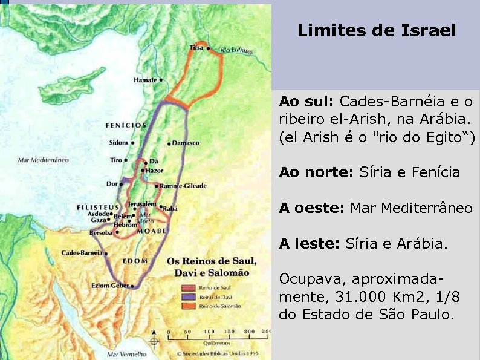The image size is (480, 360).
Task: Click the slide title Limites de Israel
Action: click(x=376, y=31)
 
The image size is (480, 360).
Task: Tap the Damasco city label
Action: click(x=186, y=143)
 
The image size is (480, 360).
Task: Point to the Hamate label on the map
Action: click(x=145, y=80)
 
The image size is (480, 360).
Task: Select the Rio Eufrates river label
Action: click(x=237, y=50)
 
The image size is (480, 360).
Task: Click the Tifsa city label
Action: click(x=196, y=47)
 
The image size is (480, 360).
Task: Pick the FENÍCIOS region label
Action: click(x=126, y=126)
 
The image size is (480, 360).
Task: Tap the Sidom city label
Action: click(x=119, y=143)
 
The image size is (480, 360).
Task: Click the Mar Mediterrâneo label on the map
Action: click(x=43, y=160)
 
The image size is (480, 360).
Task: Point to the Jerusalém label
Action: click(x=143, y=205)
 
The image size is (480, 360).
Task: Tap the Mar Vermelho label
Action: click(x=126, y=353)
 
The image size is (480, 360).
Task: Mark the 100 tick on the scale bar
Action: click(x=209, y=332)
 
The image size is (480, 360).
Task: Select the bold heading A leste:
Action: click(x=309, y=244)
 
